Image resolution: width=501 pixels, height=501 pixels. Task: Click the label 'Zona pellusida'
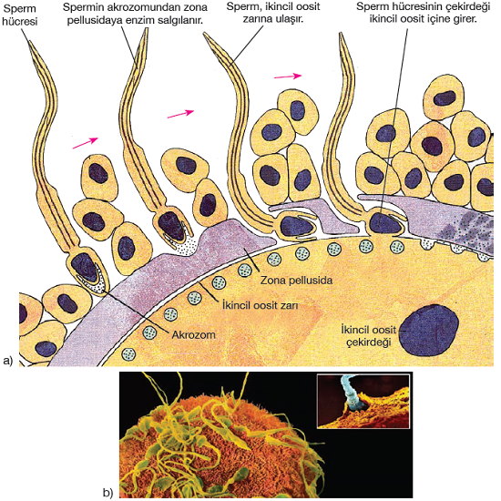tap(296, 281)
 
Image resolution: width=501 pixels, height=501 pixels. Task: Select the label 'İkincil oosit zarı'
tap(260, 305)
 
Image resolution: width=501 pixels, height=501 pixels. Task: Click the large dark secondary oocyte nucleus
tap(429, 330)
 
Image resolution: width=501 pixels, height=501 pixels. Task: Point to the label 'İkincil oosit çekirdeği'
tap(368, 335)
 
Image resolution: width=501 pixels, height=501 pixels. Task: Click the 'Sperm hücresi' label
tap(20, 15)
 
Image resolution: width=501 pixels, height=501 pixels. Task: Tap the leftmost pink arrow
tap(86, 143)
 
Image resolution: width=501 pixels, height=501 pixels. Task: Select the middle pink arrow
tap(180, 114)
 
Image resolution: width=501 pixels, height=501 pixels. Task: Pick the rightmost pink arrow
tap(288, 76)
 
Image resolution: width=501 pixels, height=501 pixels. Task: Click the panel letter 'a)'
tap(7, 361)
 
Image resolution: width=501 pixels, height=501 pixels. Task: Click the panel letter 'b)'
tap(108, 493)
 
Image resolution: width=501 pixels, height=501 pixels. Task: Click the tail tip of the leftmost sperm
tap(29, 42)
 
